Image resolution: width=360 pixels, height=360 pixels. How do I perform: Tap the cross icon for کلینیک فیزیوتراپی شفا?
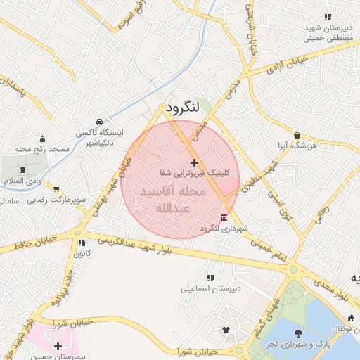(x=194, y=162)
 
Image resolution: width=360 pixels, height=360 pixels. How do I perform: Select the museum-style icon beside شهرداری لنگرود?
(x=224, y=217)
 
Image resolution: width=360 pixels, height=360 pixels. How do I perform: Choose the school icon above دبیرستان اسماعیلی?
(x=210, y=277)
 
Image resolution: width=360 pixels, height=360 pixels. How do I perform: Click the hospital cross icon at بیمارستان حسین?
(x=58, y=347)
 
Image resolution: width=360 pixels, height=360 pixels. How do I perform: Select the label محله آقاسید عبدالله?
(x=172, y=200)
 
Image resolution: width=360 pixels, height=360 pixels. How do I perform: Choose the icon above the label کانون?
(x=82, y=243)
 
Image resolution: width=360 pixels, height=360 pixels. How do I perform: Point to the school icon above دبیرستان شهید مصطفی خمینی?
(x=327, y=17)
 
